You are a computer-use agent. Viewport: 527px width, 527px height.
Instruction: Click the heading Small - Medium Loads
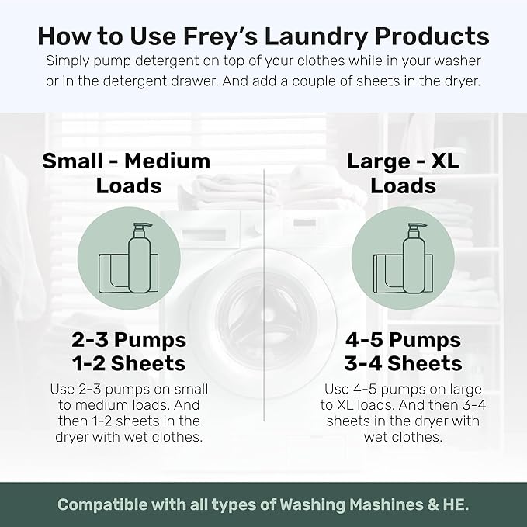[127, 173]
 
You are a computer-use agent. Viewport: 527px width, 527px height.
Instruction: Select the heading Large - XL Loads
[402, 173]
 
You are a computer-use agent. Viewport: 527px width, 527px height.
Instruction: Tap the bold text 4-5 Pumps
[403, 340]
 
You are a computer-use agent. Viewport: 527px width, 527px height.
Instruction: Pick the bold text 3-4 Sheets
[403, 363]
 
